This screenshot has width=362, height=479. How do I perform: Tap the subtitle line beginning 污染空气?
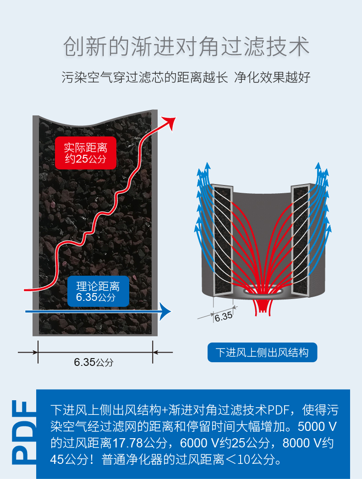(186, 77)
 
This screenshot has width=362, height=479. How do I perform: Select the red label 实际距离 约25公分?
(85, 153)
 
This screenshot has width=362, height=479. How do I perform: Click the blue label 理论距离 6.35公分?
(98, 292)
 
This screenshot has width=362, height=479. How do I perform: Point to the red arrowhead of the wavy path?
(170, 122)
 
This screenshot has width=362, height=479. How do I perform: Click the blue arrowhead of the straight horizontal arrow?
(165, 311)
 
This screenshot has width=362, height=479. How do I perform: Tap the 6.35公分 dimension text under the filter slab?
(93, 362)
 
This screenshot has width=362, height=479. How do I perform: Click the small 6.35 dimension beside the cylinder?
(223, 316)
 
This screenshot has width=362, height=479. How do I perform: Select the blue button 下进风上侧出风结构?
(262, 353)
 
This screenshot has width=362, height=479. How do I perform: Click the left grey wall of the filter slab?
(35, 224)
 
